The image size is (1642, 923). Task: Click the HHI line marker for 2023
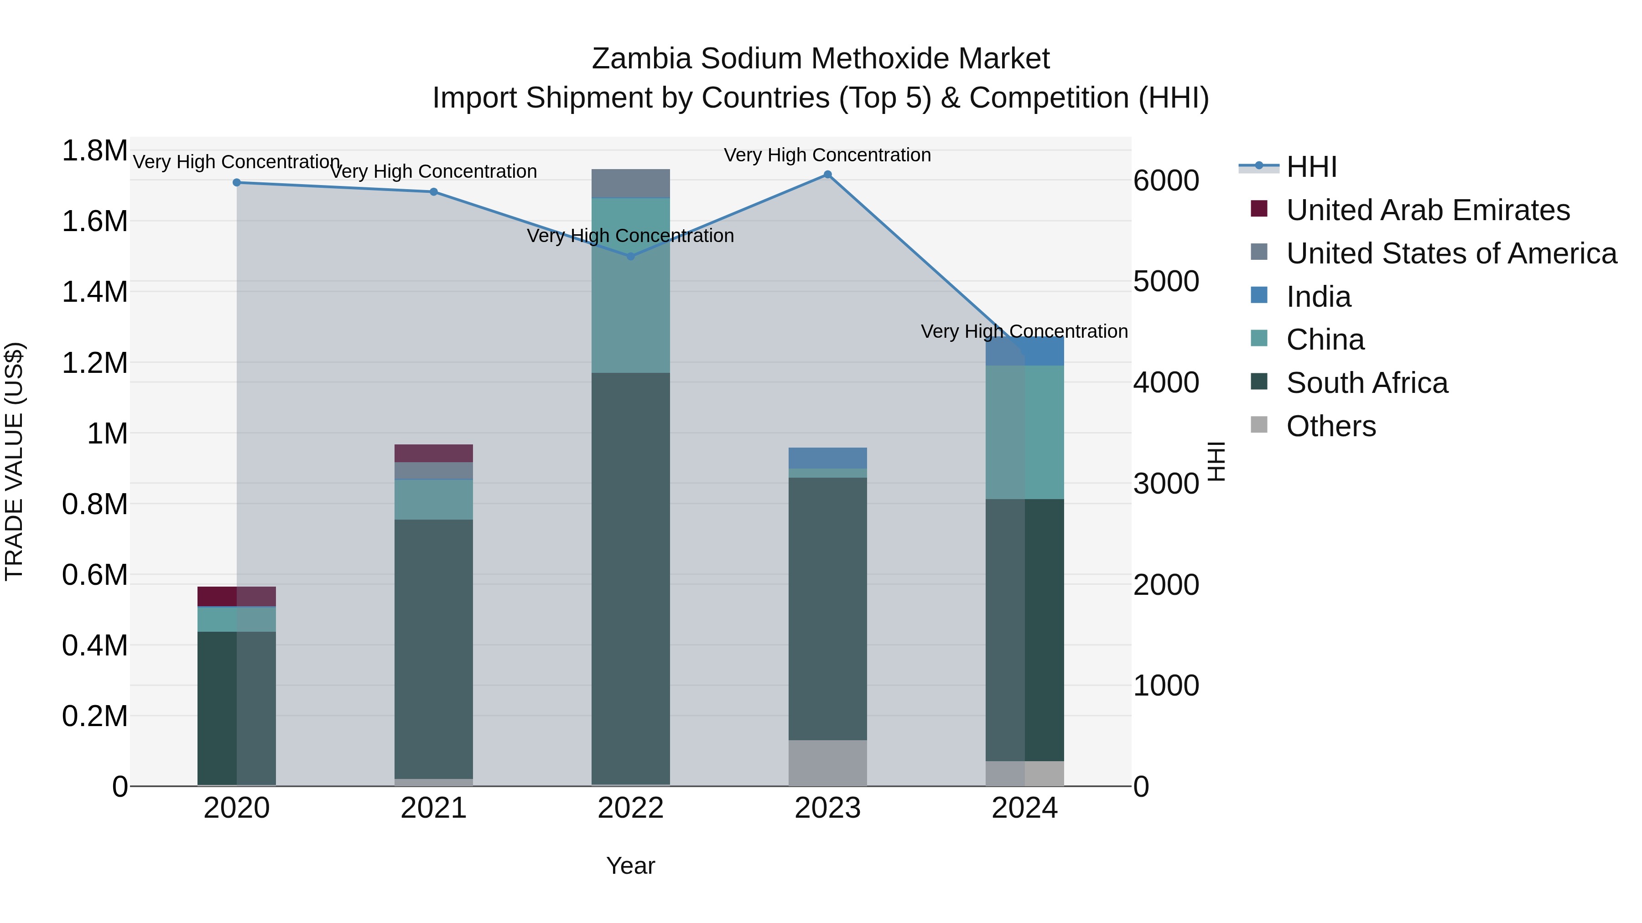(827, 175)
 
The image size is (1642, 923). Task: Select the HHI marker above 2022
(630, 256)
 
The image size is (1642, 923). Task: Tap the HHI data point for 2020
(236, 182)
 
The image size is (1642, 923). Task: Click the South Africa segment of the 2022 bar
(630, 573)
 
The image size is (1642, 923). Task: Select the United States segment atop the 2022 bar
(630, 183)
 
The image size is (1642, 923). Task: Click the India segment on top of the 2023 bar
(827, 458)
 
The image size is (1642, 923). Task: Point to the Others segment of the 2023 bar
(827, 763)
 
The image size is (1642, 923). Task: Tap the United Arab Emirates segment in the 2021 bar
(433, 453)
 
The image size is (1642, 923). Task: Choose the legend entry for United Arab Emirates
(1427, 210)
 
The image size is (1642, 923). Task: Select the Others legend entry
(1330, 426)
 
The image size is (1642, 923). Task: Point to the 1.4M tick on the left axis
(94, 292)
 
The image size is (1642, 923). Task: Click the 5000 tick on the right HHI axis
(1166, 282)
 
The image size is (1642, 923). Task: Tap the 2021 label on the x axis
(433, 808)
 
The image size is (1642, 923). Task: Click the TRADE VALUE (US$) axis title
(14, 461)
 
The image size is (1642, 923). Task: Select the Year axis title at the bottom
(630, 866)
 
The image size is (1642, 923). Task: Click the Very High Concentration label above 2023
(827, 155)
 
